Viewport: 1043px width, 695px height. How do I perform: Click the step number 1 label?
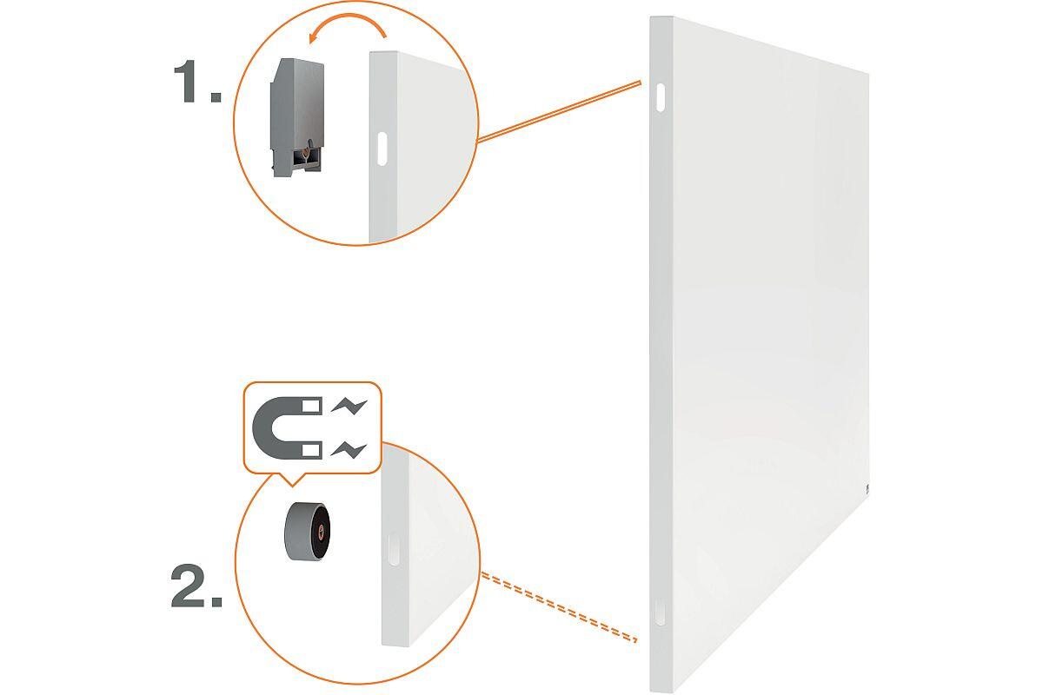[x=197, y=81]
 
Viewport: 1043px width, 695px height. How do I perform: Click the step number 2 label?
[x=196, y=586]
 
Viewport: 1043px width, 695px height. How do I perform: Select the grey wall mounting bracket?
[x=297, y=117]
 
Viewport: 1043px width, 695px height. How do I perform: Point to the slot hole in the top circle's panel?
[x=382, y=149]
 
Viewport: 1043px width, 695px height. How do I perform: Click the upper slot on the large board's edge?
[x=661, y=97]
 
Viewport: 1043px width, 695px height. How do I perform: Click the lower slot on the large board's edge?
[x=660, y=612]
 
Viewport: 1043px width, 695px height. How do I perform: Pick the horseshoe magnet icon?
[x=287, y=427]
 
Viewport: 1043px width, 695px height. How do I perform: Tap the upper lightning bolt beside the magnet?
[x=349, y=407]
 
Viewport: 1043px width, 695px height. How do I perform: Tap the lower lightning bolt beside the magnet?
[x=349, y=450]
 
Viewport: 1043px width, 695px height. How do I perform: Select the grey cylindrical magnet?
[x=307, y=531]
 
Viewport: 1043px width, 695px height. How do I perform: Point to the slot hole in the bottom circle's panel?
[x=394, y=549]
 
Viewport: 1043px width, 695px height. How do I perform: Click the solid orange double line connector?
[x=559, y=112]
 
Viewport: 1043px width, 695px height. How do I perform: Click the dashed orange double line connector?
[x=559, y=607]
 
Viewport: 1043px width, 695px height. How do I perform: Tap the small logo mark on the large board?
[x=867, y=489]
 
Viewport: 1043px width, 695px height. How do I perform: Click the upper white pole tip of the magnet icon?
[x=312, y=407]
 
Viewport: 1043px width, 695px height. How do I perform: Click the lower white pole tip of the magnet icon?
[x=312, y=450]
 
